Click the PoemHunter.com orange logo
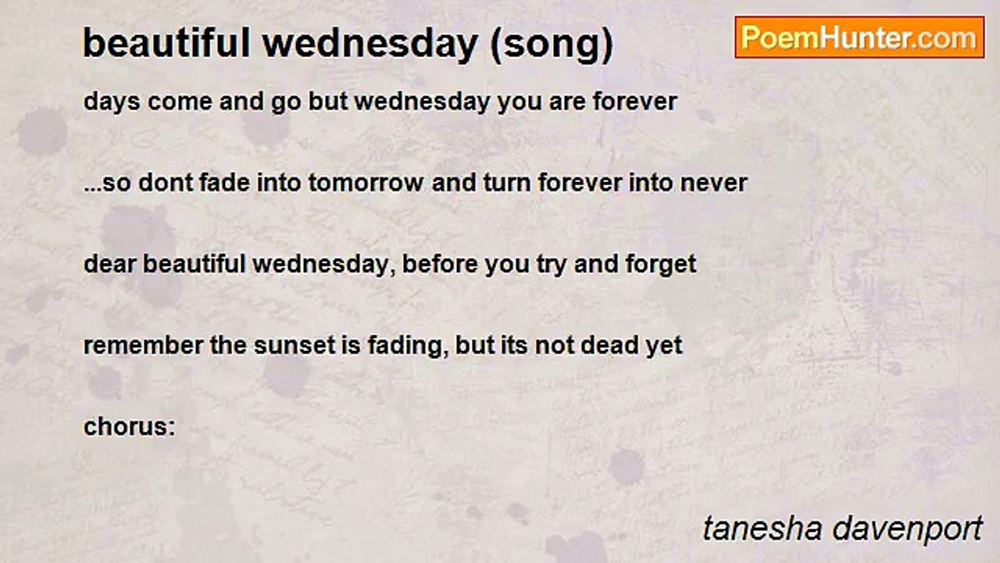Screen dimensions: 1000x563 (x=859, y=38)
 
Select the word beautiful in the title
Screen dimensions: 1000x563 (x=167, y=43)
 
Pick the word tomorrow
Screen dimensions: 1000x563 (x=366, y=183)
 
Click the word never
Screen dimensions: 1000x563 (x=713, y=184)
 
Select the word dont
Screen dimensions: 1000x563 (x=165, y=183)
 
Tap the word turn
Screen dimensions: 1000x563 (x=507, y=183)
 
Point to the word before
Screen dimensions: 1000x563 (x=440, y=264)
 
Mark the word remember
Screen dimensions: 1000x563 (x=143, y=346)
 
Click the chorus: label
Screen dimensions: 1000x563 (x=130, y=427)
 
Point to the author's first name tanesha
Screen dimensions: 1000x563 (x=762, y=529)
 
